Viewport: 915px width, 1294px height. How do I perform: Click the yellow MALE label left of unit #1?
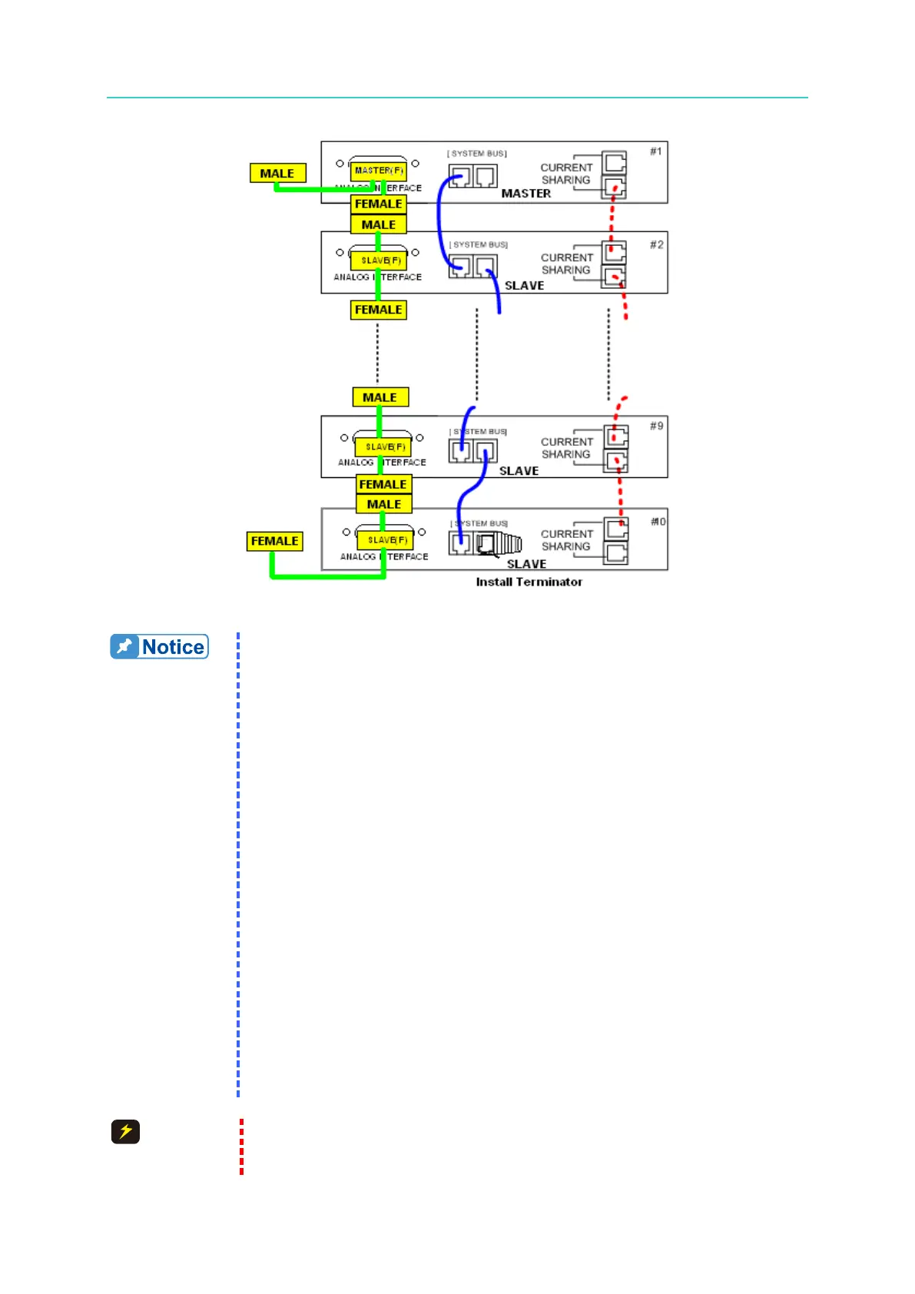tap(277, 174)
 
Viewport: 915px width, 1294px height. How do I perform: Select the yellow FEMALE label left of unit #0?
tap(274, 541)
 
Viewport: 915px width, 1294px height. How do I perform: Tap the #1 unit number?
tap(655, 151)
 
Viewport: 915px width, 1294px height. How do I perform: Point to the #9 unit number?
tap(656, 426)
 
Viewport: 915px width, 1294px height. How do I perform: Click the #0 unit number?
tap(658, 522)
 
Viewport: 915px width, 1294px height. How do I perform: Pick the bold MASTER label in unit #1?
tap(525, 194)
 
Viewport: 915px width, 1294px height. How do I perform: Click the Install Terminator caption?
tap(529, 582)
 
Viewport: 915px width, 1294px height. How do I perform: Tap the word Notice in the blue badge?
tap(174, 647)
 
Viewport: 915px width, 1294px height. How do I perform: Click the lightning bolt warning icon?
tap(125, 1132)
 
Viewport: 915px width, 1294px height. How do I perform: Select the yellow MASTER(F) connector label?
tap(379, 171)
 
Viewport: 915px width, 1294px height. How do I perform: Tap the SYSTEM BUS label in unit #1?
tap(478, 154)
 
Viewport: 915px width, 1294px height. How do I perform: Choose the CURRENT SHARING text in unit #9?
tap(566, 448)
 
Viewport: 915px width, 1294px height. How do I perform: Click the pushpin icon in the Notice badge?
tap(124, 647)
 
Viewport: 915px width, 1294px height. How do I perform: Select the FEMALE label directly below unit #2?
tap(378, 310)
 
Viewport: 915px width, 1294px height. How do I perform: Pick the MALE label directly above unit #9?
tap(380, 397)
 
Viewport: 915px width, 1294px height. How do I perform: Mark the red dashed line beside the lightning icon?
tap(241, 1146)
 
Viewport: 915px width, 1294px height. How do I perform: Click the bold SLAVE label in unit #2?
tap(524, 286)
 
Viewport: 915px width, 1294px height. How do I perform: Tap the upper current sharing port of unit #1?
tap(615, 163)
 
